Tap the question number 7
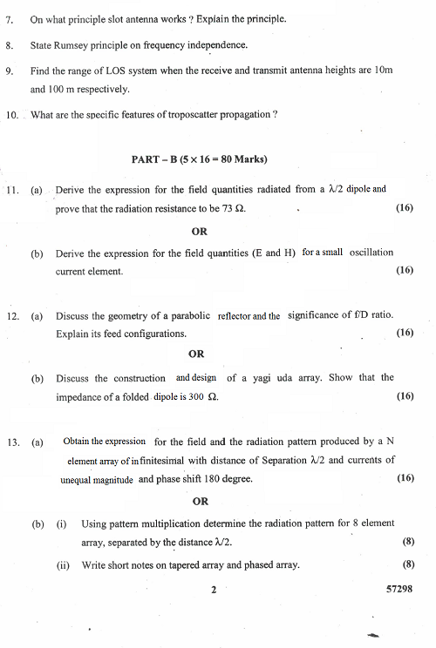(x=10, y=18)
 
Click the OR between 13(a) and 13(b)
(x=200, y=501)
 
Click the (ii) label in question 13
(x=63, y=565)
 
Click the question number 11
(x=11, y=189)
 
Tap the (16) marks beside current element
(x=404, y=271)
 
